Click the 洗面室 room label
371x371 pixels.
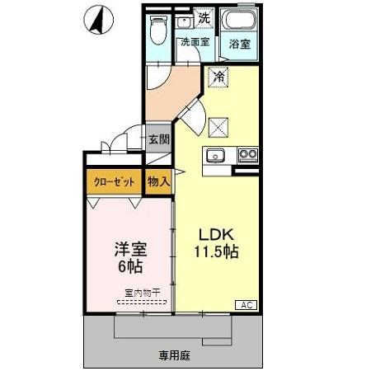coord(195,42)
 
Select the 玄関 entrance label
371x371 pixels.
coord(158,139)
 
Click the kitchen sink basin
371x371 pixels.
coord(218,154)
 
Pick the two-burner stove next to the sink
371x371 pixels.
coord(247,154)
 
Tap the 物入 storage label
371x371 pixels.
coord(158,181)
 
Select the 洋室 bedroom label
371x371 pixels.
coord(130,247)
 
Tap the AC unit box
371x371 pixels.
coord(247,304)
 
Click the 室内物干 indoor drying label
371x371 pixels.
coord(142,293)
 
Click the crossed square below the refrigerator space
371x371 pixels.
coord(218,125)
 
